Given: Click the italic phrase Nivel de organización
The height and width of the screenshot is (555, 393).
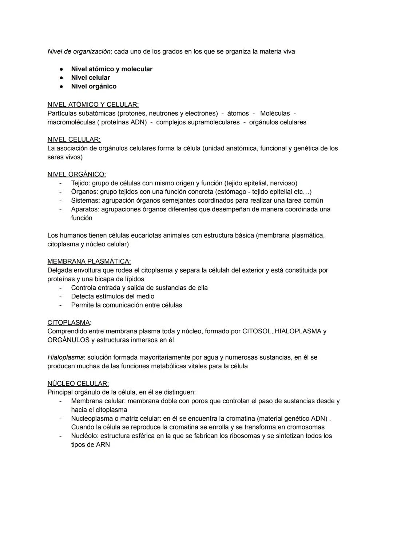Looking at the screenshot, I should (79, 51).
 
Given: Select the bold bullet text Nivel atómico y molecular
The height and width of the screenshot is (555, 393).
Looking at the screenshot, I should (112, 69).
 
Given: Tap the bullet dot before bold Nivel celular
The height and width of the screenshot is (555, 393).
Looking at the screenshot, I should (62, 78).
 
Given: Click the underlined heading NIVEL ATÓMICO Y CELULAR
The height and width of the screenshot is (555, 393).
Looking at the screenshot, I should (93, 104).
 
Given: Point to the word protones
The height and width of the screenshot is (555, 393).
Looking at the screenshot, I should (132, 113).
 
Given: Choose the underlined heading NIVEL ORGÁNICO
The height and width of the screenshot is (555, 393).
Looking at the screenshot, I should (76, 174).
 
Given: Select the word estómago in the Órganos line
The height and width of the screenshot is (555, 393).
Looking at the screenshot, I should (231, 192).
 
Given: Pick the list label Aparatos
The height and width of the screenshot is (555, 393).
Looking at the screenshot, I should (85, 209).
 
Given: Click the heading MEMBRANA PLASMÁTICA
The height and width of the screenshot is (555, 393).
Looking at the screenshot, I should (89, 261).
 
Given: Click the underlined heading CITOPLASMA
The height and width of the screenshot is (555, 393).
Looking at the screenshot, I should (68, 322).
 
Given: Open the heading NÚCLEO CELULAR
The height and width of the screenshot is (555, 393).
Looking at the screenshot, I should (78, 384).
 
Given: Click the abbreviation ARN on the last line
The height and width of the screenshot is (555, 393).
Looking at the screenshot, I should (103, 445).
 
